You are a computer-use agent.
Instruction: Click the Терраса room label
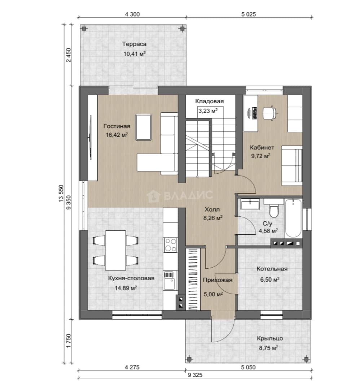click(134, 44)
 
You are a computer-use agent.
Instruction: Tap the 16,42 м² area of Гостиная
click(117, 135)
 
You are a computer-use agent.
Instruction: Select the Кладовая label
click(209, 101)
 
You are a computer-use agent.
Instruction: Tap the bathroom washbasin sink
click(250, 204)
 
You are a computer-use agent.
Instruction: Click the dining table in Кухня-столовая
click(115, 250)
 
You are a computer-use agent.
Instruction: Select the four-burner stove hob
click(170, 245)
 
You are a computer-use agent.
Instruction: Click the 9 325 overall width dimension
click(195, 375)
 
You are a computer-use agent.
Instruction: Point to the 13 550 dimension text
click(61, 193)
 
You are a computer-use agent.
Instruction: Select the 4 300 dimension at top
click(132, 14)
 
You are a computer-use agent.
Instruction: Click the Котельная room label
click(272, 269)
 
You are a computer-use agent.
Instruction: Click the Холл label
click(212, 209)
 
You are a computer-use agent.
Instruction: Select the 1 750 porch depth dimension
click(69, 341)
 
